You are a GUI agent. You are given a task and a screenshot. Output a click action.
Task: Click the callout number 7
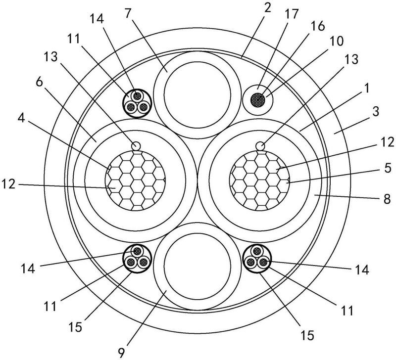(128, 14)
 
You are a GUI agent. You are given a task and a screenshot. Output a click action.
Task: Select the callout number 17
(292, 15)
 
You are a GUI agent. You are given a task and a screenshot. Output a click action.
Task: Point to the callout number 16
(317, 26)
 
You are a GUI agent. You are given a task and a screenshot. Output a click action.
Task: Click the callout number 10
(337, 41)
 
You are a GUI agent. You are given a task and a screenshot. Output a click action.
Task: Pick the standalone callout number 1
(366, 89)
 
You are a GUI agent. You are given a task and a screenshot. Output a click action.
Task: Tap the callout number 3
(376, 111)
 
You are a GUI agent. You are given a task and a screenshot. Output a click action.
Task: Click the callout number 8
(387, 199)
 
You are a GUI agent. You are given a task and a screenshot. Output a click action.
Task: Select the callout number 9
(121, 352)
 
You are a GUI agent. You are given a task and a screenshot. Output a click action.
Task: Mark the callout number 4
(21, 118)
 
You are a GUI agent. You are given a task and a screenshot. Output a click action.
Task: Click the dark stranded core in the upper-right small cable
(257, 100)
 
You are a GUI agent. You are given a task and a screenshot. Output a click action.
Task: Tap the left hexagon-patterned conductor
(135, 180)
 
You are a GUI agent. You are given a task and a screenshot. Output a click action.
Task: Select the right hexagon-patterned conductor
(259, 180)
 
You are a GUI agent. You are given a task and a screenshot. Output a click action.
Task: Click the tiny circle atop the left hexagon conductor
(136, 145)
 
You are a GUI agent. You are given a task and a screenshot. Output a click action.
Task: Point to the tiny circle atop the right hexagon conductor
(260, 146)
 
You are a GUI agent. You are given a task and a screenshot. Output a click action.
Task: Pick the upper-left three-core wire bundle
(137, 103)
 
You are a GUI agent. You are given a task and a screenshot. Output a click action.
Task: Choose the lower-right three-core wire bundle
(256, 259)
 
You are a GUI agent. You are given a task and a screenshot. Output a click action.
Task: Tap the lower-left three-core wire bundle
(137, 259)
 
